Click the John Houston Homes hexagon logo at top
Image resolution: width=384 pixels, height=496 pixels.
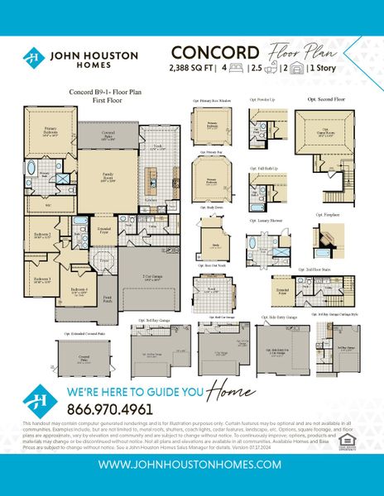point(33,58)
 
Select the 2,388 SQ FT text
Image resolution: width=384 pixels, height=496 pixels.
point(196,68)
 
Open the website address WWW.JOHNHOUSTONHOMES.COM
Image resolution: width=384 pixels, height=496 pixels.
point(191,465)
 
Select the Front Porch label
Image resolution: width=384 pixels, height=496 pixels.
point(108,300)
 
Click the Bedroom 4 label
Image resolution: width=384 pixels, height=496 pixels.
point(79,289)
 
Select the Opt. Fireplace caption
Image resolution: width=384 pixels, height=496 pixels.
point(327,213)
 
